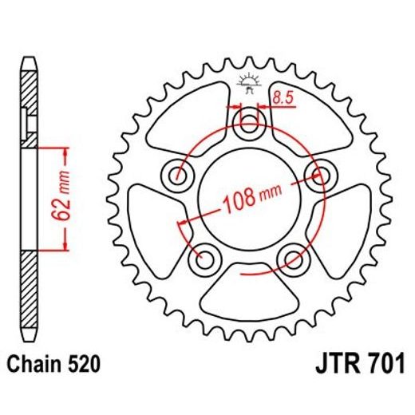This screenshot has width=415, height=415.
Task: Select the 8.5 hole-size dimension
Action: (282, 99)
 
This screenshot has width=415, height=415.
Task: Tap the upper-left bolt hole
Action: (177, 175)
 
